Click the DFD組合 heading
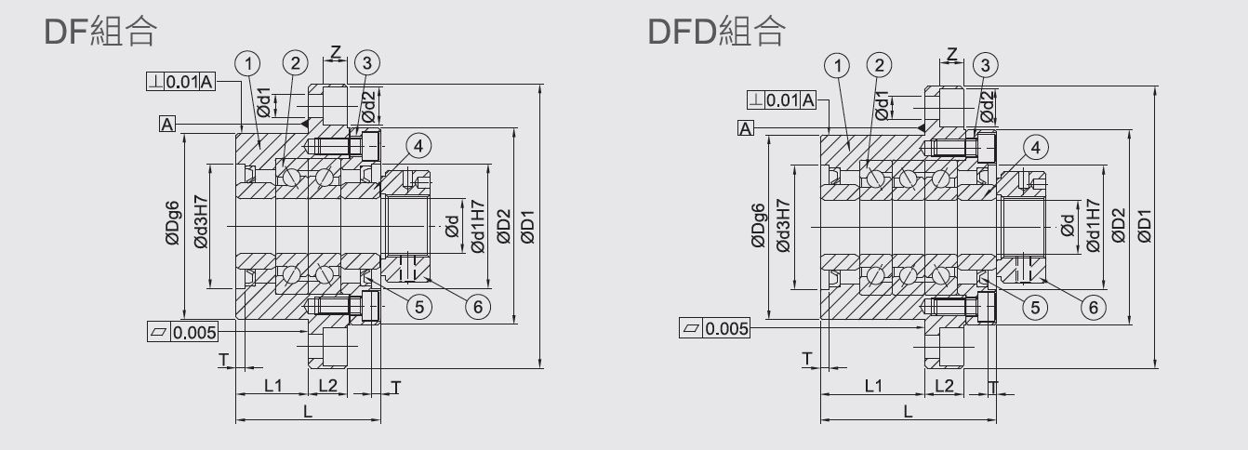(x=716, y=32)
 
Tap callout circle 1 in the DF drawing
(x=247, y=63)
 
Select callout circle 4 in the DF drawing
(x=418, y=146)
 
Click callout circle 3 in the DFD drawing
(x=984, y=64)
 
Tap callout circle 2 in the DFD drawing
(x=878, y=64)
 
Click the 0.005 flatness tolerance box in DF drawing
(x=183, y=332)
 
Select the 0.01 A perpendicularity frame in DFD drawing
(x=782, y=99)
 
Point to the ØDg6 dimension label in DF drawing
(x=172, y=224)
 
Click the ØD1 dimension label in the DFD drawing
(x=1145, y=224)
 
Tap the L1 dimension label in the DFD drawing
(x=873, y=385)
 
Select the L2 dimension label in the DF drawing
(x=328, y=385)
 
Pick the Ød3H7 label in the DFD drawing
(x=782, y=224)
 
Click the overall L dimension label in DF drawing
(x=308, y=412)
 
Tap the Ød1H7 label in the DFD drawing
(x=1093, y=226)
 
